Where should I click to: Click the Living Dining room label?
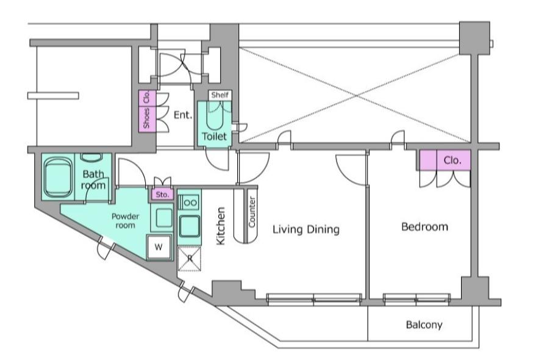click(306, 229)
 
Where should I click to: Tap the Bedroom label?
click(424, 226)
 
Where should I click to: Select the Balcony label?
click(424, 325)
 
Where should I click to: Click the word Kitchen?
click(221, 226)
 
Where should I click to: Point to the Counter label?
click(252, 212)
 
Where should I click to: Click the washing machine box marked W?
click(159, 247)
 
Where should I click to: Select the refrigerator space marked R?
click(189, 259)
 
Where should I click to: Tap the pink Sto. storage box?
click(162, 195)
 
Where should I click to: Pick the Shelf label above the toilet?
click(220, 95)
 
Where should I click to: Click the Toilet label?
click(214, 137)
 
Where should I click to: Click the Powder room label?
click(126, 220)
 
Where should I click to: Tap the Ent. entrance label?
click(183, 115)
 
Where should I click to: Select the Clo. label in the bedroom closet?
click(453, 160)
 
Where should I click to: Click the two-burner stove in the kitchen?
click(189, 203)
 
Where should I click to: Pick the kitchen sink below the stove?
click(189, 226)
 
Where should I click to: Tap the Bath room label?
click(93, 179)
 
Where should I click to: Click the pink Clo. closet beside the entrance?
click(147, 98)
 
